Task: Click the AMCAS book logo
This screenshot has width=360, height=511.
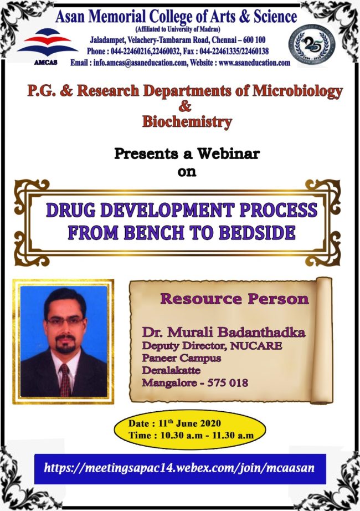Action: coord(47,46)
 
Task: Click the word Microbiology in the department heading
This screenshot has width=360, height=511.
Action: coord(297,91)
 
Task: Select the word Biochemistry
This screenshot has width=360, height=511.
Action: coord(187,121)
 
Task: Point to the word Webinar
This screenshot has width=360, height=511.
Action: coord(228,153)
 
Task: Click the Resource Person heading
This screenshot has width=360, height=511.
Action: coord(234,299)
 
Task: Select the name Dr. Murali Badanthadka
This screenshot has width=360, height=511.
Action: coord(224,332)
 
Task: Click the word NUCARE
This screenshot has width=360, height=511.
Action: coord(256,345)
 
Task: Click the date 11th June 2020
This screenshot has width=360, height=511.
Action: coord(189,423)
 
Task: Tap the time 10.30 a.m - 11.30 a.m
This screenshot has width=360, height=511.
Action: coord(207,436)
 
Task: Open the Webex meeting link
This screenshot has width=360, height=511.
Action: coord(179,468)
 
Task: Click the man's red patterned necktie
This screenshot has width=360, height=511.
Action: coord(65,380)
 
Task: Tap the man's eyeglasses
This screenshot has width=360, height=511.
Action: coord(65,321)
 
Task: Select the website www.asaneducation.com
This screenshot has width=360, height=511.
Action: coord(254,63)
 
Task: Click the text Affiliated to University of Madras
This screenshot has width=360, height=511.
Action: coord(178,29)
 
